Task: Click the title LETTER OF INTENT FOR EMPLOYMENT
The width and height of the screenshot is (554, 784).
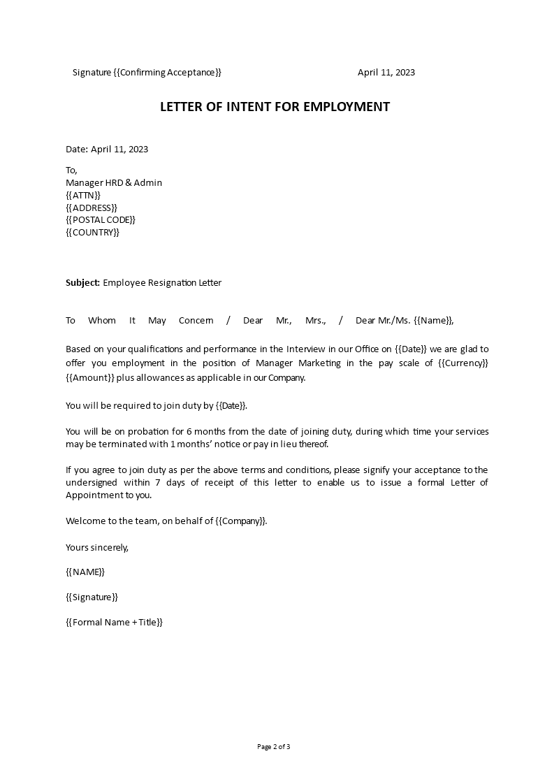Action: pos(275,107)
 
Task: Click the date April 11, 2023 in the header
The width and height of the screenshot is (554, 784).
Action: pos(386,73)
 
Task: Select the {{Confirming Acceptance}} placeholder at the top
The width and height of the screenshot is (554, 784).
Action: pos(167,73)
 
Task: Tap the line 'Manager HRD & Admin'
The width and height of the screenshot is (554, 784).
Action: pos(114,183)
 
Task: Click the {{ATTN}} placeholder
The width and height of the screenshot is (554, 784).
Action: pos(83,195)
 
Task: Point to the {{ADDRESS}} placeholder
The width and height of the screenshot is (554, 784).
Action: pos(92,208)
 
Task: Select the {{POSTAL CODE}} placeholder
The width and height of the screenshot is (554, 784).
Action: pos(101,220)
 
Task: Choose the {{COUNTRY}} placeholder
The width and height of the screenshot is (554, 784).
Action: pos(92,233)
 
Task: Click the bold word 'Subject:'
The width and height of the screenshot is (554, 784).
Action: pos(82,283)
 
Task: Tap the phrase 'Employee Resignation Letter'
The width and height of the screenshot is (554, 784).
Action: pos(162,283)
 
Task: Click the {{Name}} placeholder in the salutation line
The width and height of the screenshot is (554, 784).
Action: pos(433,321)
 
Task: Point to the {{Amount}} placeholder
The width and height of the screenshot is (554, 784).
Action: pos(90,378)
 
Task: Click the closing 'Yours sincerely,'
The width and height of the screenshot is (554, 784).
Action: pos(97,547)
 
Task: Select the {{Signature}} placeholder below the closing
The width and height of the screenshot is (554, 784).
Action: pos(92,597)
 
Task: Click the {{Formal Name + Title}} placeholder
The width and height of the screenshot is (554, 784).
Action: pos(114,623)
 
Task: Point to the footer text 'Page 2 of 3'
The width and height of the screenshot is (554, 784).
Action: pos(274,747)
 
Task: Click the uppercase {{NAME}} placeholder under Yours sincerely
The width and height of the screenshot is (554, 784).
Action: pos(85,572)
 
